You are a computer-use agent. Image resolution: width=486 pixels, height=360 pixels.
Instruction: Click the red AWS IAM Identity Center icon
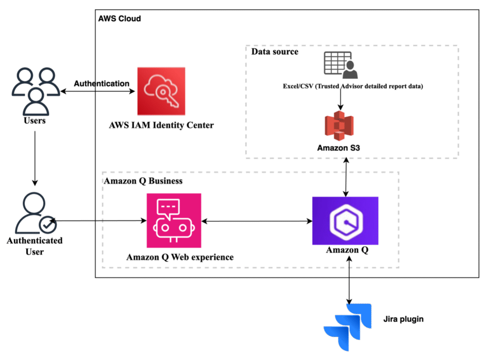pos(161,91)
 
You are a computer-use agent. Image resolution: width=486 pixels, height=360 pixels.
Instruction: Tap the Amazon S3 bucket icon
pos(339,126)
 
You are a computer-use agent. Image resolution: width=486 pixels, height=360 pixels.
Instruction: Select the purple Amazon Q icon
pos(346,221)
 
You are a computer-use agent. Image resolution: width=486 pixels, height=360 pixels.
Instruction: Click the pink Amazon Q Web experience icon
pos(174,221)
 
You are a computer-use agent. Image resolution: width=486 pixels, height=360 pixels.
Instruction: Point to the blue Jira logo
pos(347,327)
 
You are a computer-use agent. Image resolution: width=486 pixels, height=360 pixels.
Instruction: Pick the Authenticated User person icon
pos(36,213)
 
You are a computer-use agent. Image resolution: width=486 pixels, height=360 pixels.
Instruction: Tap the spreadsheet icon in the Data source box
pos(341,65)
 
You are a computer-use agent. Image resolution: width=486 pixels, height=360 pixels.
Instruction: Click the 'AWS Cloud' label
pos(119,18)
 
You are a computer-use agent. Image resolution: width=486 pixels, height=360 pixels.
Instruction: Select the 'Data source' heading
pos(275,51)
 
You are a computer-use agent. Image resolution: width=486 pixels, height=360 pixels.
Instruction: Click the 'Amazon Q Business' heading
pos(143,181)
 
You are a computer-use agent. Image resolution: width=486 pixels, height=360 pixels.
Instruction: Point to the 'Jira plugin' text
pos(403,319)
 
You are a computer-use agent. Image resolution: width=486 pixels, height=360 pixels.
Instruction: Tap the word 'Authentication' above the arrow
pos(102,83)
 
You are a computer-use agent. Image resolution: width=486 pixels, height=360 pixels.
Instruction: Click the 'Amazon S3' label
pos(338,148)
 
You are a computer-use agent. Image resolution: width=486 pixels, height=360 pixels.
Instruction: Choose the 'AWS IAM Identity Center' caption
pos(161,125)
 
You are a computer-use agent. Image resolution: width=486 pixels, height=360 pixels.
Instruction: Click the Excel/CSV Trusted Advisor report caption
pos(353,86)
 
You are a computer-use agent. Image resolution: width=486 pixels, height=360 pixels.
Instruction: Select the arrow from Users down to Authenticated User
pos(35,158)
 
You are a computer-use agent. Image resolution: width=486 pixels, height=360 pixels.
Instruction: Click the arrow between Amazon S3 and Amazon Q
pos(346,177)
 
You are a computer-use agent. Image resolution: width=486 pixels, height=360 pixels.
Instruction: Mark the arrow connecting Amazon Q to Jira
pos(349,280)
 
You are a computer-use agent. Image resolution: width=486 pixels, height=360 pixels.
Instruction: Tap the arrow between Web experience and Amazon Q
pos(257,221)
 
